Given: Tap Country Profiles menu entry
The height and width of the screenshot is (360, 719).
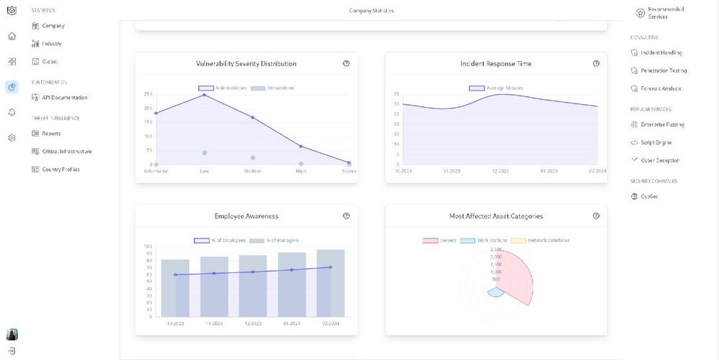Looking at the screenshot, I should point(60,170).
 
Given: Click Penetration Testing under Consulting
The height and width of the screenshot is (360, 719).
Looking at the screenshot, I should point(663,70).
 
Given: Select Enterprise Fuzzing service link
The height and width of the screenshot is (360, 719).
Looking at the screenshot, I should point(662,124).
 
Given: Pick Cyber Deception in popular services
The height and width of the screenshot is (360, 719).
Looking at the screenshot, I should point(659,160).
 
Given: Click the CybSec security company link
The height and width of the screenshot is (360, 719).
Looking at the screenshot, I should point(649,196).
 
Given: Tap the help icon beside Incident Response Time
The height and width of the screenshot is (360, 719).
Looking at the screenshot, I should point(596,63).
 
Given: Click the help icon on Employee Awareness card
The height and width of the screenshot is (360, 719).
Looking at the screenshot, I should point(347,216).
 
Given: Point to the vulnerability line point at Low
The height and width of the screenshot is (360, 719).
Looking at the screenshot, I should point(204,95).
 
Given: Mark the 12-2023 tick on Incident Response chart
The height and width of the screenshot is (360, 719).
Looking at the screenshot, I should point(500,172).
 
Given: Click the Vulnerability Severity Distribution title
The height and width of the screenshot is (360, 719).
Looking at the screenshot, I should point(246,64).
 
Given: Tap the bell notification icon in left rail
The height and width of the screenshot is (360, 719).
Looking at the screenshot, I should point(12,112).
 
